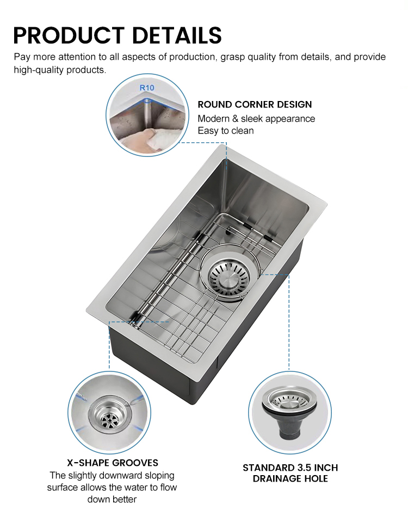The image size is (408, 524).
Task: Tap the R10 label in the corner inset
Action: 147,87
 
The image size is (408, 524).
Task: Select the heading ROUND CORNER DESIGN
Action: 255,104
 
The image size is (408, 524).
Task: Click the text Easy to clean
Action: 225,131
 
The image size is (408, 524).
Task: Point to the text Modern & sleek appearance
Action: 256,118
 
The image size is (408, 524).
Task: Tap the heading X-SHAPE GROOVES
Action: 113,463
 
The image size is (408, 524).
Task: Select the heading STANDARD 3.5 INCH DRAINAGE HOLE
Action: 290,473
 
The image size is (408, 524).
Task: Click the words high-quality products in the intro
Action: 60,71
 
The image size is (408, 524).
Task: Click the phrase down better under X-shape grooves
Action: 112,499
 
